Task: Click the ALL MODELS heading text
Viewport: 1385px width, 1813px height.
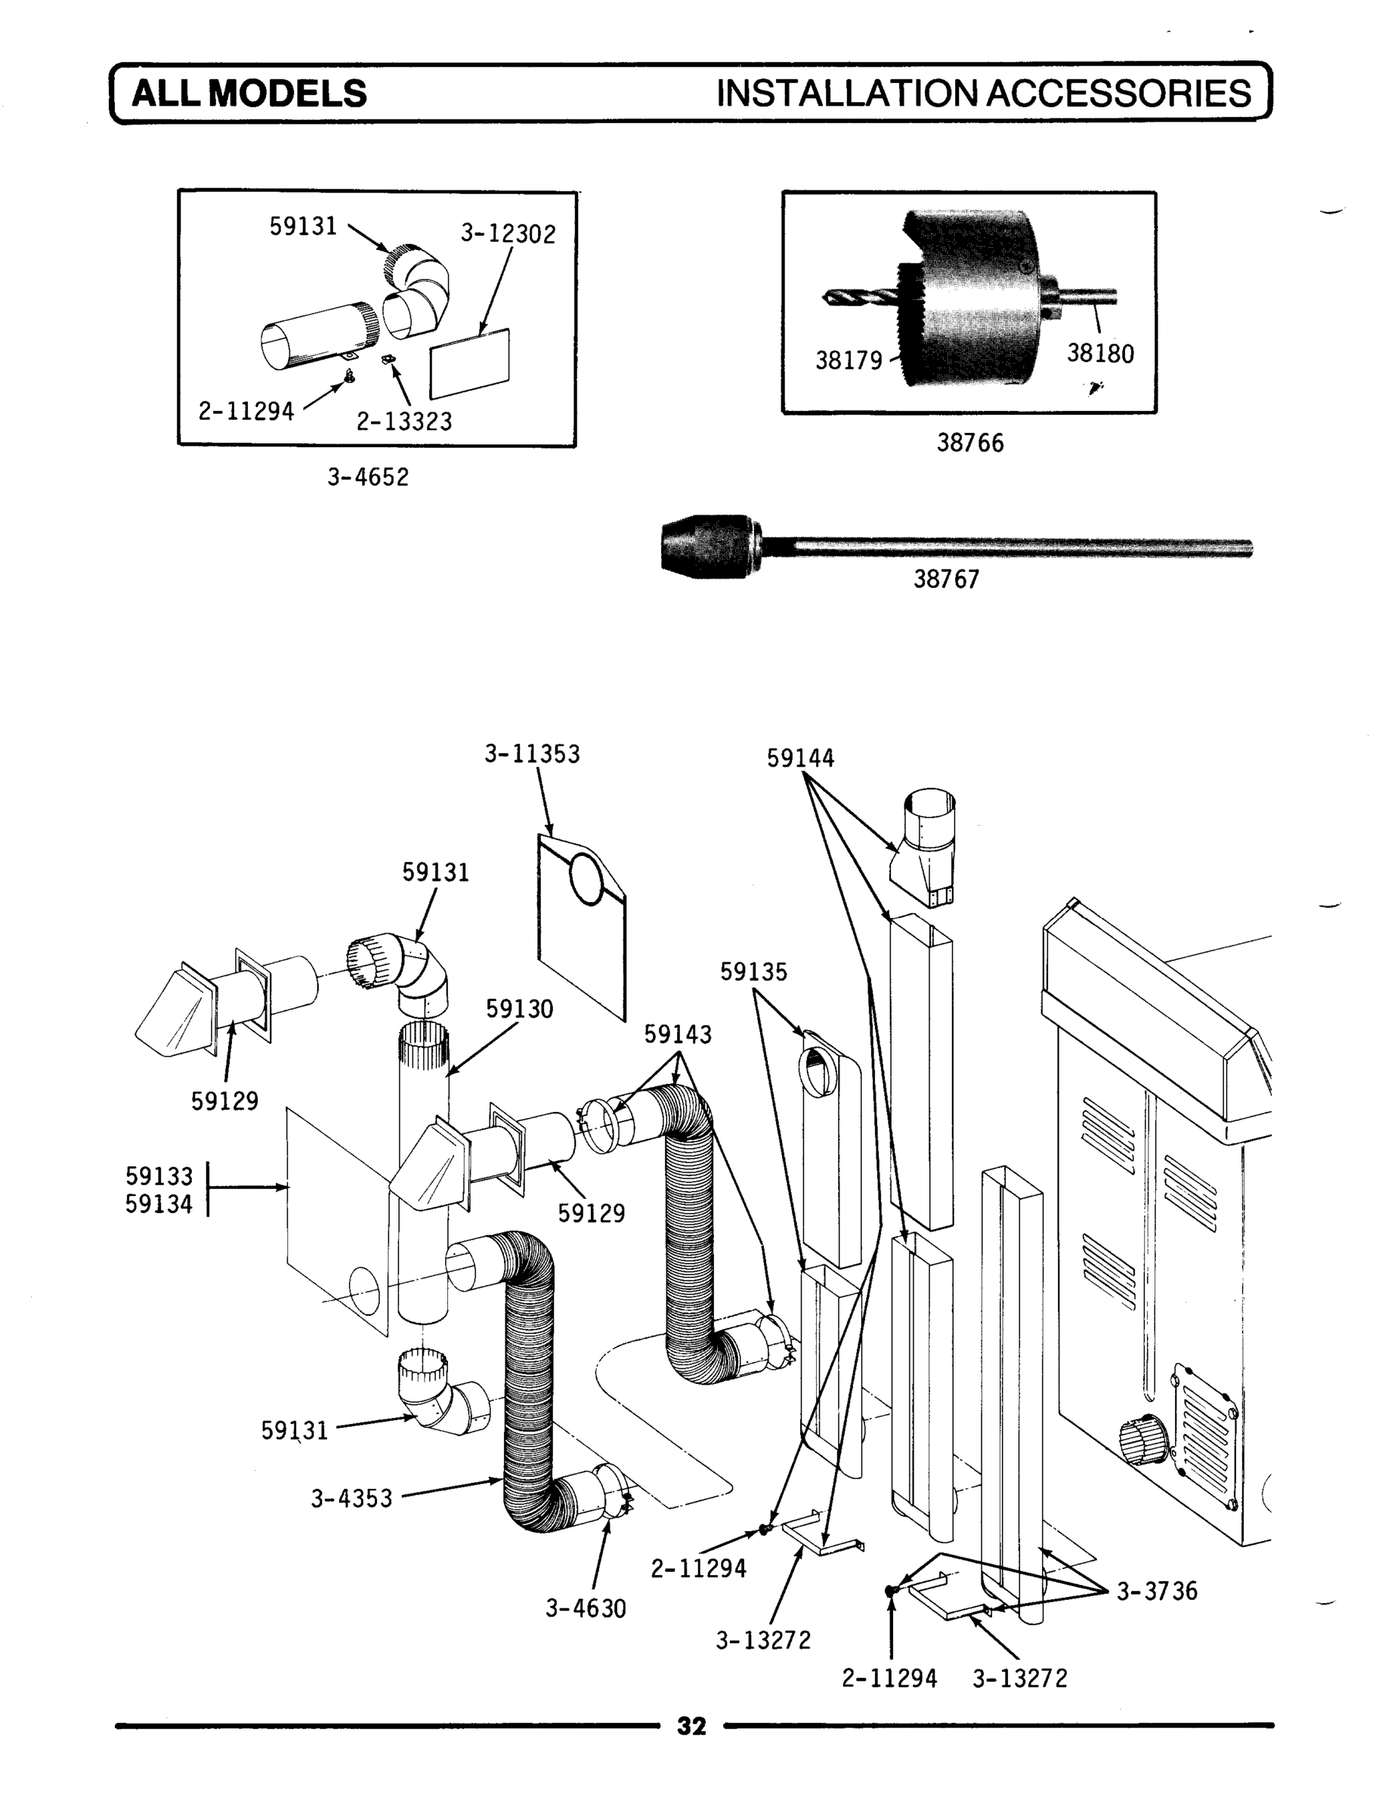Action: tap(249, 94)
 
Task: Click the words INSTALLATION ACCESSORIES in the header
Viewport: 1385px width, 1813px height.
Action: tap(984, 94)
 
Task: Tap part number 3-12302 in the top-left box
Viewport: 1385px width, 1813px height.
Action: tap(508, 234)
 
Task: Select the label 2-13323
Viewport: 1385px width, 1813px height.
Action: tap(404, 422)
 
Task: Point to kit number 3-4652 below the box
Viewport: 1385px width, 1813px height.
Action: tap(368, 477)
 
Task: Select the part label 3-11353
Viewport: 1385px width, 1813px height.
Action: tap(532, 754)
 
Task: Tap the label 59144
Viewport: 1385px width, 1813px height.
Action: tap(799, 758)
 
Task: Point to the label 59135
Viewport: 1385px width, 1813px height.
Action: tap(753, 972)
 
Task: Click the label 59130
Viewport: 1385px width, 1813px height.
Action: tap(518, 1009)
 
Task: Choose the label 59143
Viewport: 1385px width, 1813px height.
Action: tap(677, 1034)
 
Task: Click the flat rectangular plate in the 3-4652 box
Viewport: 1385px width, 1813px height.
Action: tap(470, 363)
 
